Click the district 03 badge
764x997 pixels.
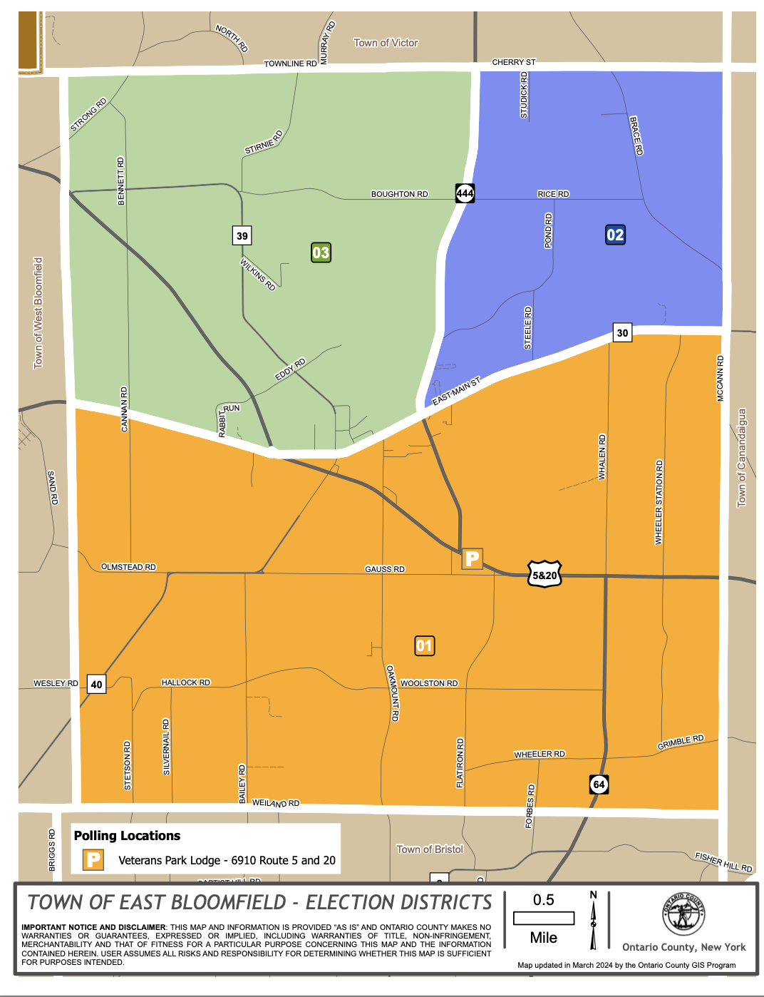[x=321, y=252]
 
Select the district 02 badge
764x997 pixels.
[x=615, y=235]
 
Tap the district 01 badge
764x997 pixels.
[x=424, y=646]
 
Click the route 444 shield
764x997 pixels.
[x=465, y=193]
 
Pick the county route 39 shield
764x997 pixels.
[x=242, y=236]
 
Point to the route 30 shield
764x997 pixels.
[x=622, y=332]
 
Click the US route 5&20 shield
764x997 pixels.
[x=544, y=575]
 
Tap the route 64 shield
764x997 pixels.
[x=599, y=784]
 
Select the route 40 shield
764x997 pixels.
[x=96, y=685]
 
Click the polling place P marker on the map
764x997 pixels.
[x=472, y=558]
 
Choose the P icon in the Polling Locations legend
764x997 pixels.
[x=93, y=859]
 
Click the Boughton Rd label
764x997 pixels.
[x=399, y=194]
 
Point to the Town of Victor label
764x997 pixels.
[x=386, y=43]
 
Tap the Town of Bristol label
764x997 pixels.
[x=430, y=849]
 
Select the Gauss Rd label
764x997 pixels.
[x=385, y=569]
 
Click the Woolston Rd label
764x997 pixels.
[x=429, y=683]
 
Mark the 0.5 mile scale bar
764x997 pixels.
[x=544, y=918]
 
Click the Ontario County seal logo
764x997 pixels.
[x=683, y=914]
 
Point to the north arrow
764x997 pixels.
[x=593, y=920]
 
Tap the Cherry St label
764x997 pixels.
[x=513, y=63]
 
